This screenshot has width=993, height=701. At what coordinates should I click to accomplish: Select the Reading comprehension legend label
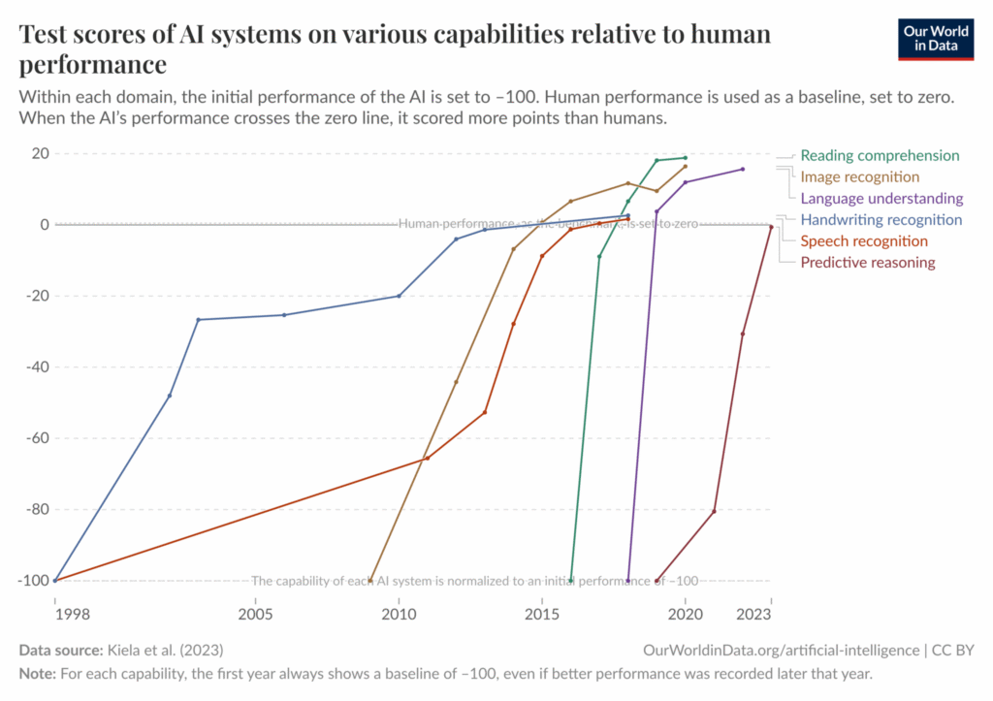click(880, 155)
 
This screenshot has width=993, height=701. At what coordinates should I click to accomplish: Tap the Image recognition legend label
click(859, 176)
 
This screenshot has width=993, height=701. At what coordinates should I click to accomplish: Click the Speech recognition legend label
click(864, 240)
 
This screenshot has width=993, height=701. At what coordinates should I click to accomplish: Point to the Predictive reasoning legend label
click(868, 262)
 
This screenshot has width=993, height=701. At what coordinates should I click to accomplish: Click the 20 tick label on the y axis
click(39, 153)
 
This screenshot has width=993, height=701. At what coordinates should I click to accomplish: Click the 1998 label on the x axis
click(56, 614)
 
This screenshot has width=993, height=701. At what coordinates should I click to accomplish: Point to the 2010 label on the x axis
click(399, 614)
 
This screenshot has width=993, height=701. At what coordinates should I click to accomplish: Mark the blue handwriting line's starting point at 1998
click(55, 580)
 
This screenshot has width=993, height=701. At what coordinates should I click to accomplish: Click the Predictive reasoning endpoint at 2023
click(771, 227)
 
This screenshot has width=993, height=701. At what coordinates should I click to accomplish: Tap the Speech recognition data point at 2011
click(427, 459)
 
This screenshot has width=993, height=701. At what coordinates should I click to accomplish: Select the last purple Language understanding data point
click(743, 169)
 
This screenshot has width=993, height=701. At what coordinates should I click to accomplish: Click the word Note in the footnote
click(36, 673)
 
